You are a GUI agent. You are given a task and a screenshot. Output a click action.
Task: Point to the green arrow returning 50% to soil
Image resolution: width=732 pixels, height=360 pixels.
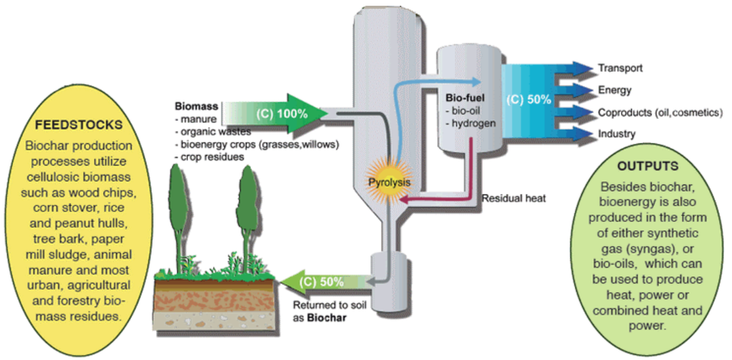tap(322, 280)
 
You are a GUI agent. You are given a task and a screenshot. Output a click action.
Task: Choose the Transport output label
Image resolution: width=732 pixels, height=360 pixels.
tap(620, 68)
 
